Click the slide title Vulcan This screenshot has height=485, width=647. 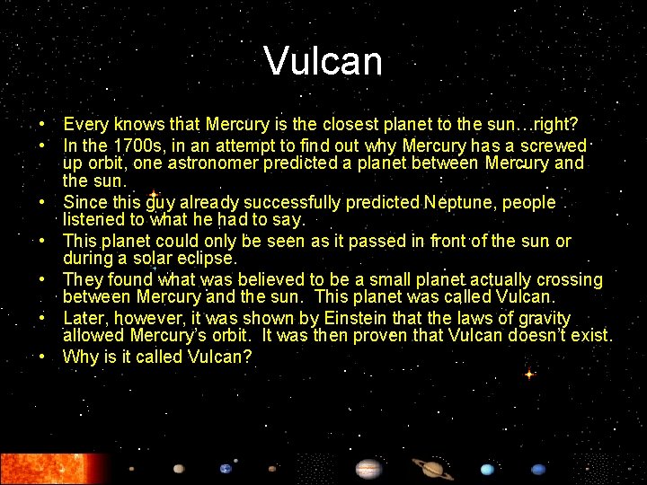pos(323,61)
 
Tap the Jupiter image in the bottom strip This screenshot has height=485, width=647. pos(368,468)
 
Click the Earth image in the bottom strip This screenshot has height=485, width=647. pos(226,468)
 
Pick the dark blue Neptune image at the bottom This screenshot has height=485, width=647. pos(537,469)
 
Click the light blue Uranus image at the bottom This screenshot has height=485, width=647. pos(486,469)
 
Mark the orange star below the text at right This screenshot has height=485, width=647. pos(529,374)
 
